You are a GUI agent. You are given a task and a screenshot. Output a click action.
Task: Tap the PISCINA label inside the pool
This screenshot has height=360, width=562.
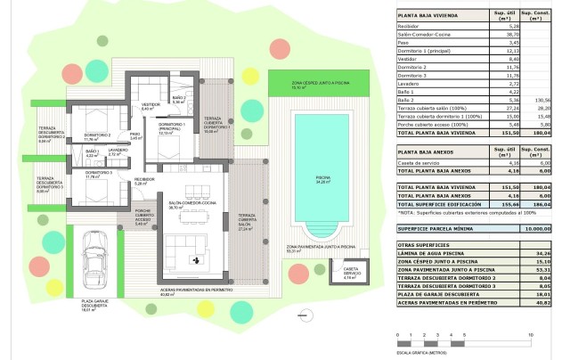tap(322, 177)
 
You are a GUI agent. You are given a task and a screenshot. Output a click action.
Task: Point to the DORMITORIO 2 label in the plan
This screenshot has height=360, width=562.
tap(92, 137)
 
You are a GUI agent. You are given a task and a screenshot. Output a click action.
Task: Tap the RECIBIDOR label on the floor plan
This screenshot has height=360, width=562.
tap(144, 181)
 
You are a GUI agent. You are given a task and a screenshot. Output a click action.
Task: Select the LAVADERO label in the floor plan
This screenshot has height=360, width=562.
tap(118, 151)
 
